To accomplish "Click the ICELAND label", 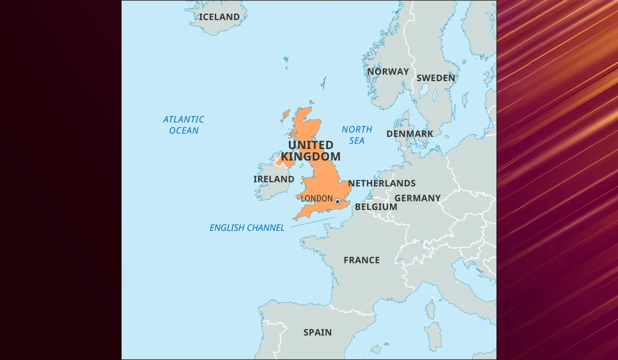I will (x=219, y=17).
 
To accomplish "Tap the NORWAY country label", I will (x=388, y=72).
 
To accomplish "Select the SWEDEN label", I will (x=435, y=78).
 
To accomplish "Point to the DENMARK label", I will (x=410, y=134).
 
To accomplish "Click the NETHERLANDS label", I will (x=382, y=183).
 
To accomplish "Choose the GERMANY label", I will (x=417, y=198).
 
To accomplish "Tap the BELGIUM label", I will (x=376, y=207).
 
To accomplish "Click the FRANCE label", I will (x=361, y=260).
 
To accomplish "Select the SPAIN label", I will (x=317, y=332).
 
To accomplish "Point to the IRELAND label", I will (x=274, y=179).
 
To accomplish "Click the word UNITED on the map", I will (x=310, y=145).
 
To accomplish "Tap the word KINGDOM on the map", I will (x=310, y=157).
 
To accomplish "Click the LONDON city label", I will (x=317, y=199).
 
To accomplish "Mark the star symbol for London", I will (x=338, y=202).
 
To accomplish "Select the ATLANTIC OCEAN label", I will (x=184, y=125).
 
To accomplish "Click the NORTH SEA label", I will (x=357, y=135).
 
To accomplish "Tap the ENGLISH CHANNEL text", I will (x=247, y=228).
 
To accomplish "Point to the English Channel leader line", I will (x=312, y=222).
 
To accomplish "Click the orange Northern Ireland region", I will (x=286, y=160).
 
